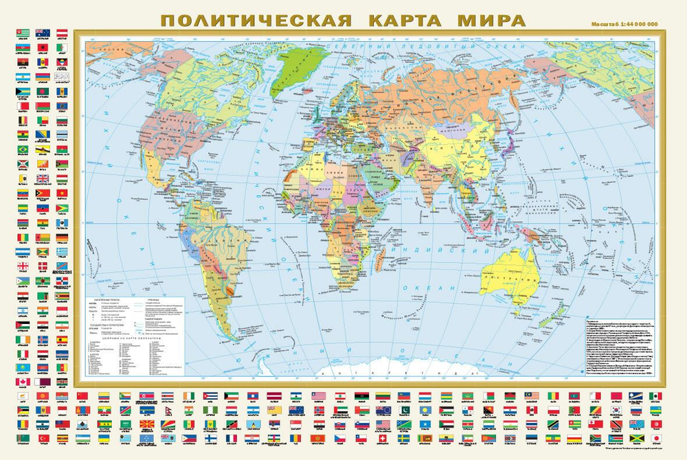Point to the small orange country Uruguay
click(232, 292)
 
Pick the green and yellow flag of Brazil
click(23, 149)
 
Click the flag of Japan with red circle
click(655, 438)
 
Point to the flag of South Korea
click(616, 410)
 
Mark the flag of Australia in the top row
click(43, 32)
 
